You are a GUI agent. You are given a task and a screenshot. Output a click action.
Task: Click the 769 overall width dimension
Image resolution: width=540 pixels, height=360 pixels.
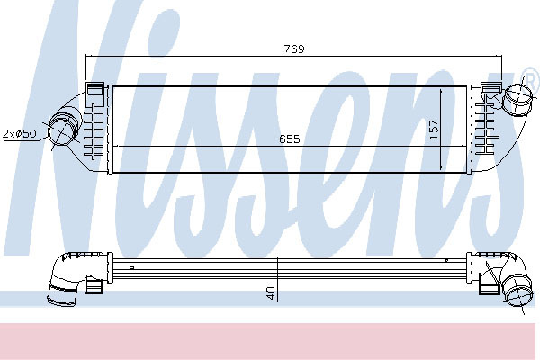pyautogui.click(x=294, y=49)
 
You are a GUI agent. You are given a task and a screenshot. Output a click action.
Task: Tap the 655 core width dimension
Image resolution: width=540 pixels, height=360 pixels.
pyautogui.click(x=290, y=139)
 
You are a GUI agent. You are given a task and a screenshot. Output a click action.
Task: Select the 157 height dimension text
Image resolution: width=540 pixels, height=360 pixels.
pyautogui.click(x=435, y=130)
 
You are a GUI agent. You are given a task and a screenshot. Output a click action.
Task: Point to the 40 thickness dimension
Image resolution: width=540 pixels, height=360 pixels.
pyautogui.click(x=271, y=292)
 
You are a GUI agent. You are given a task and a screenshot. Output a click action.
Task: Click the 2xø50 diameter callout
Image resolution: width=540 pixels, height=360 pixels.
pyautogui.click(x=19, y=133)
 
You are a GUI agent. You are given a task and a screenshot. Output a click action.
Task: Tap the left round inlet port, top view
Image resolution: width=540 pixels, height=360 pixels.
pyautogui.click(x=61, y=130)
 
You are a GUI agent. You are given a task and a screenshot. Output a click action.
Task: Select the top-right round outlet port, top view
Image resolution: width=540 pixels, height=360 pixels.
pyautogui.click(x=519, y=99)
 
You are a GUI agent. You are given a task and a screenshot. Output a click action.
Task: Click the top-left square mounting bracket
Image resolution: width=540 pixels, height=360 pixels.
pyautogui.click(x=95, y=93)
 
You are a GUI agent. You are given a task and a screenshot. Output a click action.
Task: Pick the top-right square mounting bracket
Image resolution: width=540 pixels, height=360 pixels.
pyautogui.click(x=490, y=88)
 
